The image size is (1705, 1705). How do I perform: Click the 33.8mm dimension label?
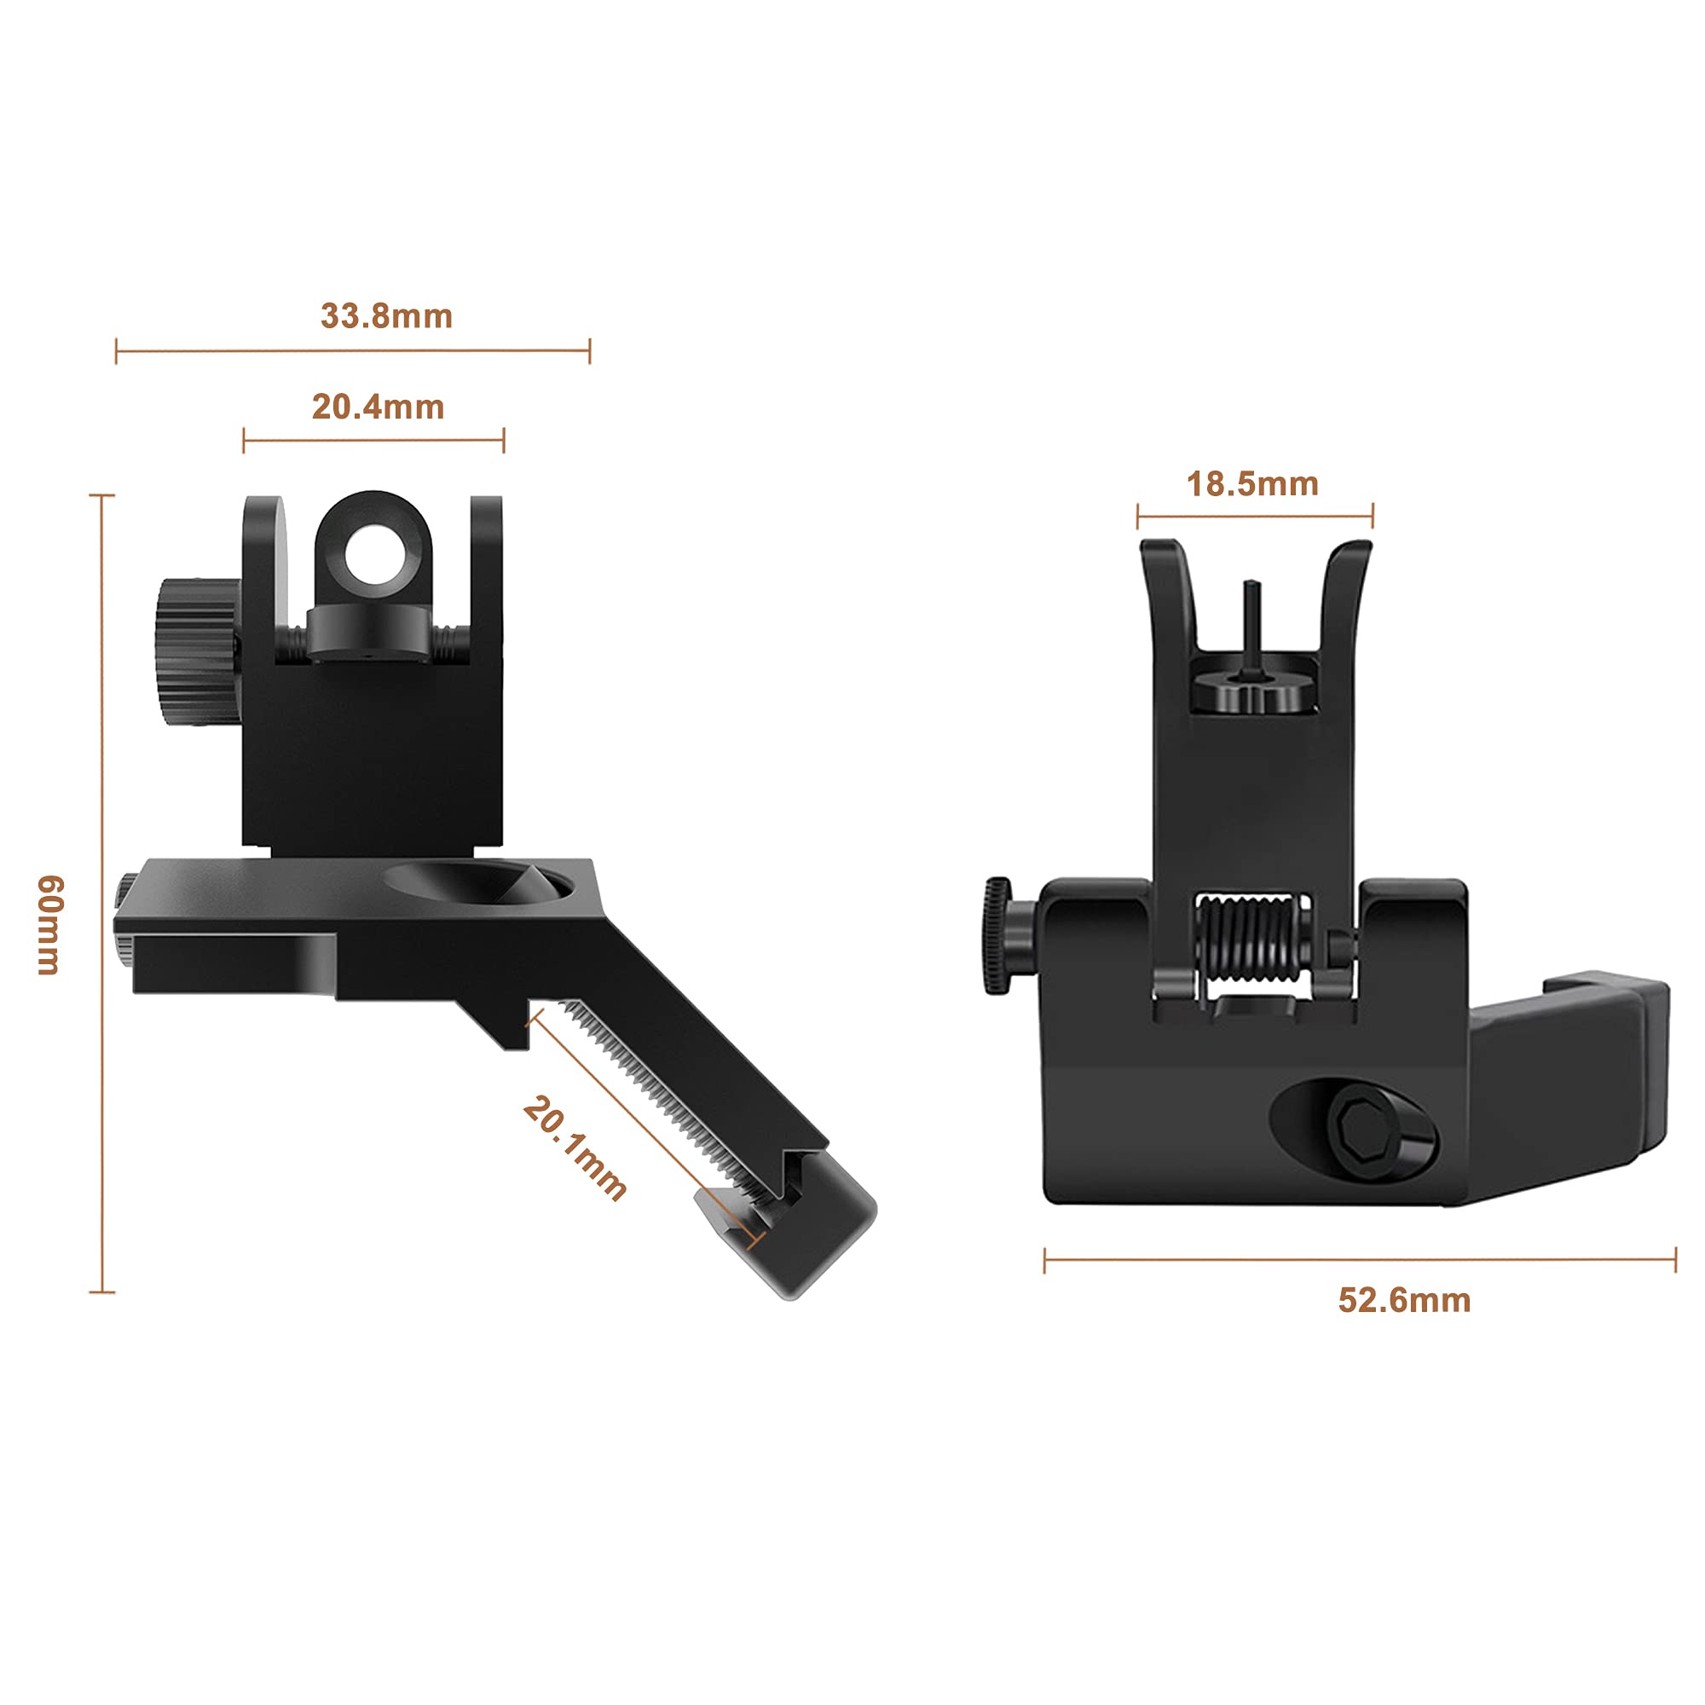(x=386, y=316)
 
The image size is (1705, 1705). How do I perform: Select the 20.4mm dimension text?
(x=378, y=407)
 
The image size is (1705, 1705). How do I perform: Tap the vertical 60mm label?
(x=50, y=925)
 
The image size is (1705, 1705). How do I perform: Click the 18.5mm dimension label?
(x=1252, y=484)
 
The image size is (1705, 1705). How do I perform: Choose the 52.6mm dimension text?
(x=1404, y=1301)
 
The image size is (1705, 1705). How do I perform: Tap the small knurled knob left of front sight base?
(x=998, y=934)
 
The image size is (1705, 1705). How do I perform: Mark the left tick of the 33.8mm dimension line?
(x=117, y=350)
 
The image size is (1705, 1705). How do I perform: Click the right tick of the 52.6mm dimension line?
(x=1674, y=1261)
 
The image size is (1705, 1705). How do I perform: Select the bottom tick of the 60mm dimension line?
(x=102, y=1292)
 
